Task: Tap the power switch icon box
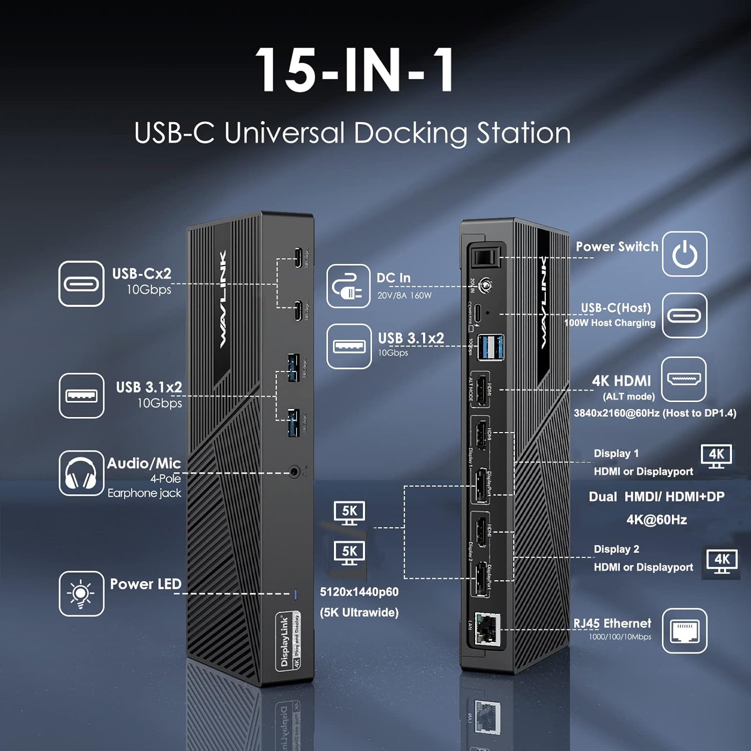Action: tap(684, 254)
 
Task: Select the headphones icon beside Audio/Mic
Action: tap(81, 473)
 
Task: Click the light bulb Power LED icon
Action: tap(81, 594)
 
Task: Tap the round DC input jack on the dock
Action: tap(485, 286)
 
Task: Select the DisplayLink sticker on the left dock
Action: tap(288, 641)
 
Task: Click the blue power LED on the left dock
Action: tap(295, 594)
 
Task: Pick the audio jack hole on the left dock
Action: tap(295, 472)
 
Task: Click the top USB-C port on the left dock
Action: tap(298, 258)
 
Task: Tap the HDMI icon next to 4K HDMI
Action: tap(684, 379)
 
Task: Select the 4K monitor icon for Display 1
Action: tap(716, 456)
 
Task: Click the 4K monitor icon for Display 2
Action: tap(721, 561)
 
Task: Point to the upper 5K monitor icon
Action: tap(349, 513)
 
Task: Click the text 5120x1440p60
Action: tap(359, 592)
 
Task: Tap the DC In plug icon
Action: tap(348, 286)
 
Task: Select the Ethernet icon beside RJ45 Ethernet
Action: tap(684, 631)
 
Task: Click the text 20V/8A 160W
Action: tap(404, 295)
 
